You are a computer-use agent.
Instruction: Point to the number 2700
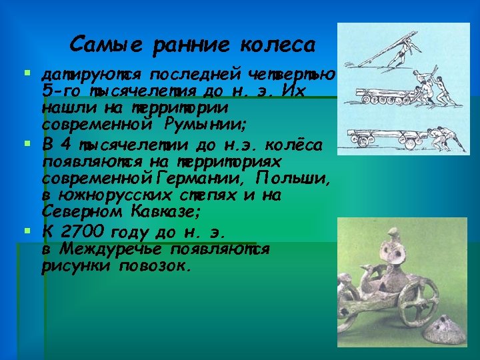coord(89,233)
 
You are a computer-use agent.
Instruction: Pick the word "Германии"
coord(201,179)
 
